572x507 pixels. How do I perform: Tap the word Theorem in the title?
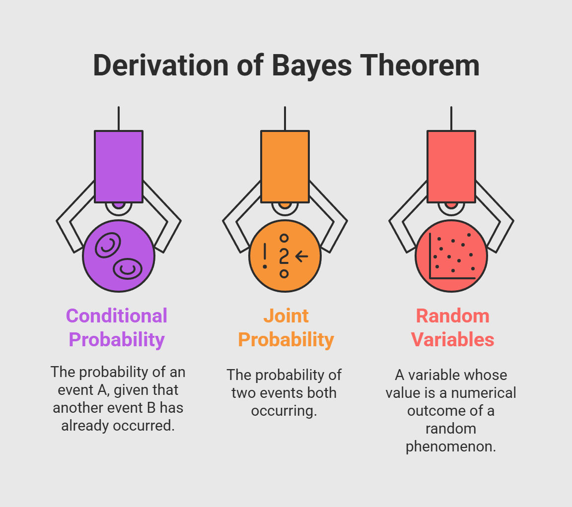coord(420,65)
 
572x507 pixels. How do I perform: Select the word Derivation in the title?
coord(160,65)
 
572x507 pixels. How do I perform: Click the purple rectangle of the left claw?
coord(119,166)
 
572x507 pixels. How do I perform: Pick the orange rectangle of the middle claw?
coord(285,166)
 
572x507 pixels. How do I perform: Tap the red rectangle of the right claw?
coord(451,166)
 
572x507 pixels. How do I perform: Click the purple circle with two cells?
coord(119,256)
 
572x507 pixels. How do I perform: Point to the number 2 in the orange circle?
coord(284,256)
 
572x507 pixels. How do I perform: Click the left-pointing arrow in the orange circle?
coord(302,256)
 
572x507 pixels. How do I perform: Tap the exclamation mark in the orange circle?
coord(265,256)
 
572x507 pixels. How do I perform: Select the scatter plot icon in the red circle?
coord(452,256)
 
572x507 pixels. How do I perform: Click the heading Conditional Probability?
coord(117,328)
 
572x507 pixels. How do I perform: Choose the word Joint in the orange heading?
coord(286,316)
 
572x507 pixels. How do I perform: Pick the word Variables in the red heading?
coord(452,340)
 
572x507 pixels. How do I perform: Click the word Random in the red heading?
coord(452,316)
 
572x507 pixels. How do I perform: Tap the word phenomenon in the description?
coord(451,447)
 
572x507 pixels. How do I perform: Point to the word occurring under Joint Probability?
coord(284,411)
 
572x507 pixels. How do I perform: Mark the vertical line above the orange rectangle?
coord(285,119)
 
